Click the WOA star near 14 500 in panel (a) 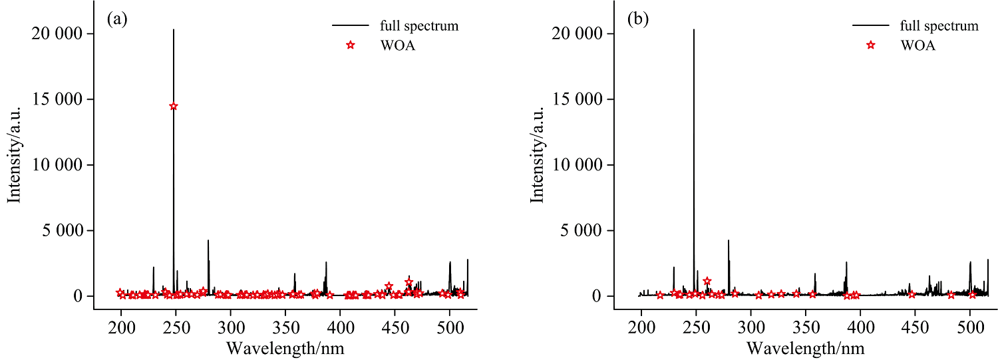[174, 106]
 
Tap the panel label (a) [117, 19]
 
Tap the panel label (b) [637, 19]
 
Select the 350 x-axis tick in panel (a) [231, 330]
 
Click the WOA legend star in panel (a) [351, 45]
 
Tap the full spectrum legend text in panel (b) [939, 26]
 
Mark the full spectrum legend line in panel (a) [351, 26]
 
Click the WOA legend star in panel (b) [871, 45]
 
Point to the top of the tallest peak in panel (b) [694, 30]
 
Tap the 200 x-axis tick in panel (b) [641, 330]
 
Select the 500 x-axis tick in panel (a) [450, 330]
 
